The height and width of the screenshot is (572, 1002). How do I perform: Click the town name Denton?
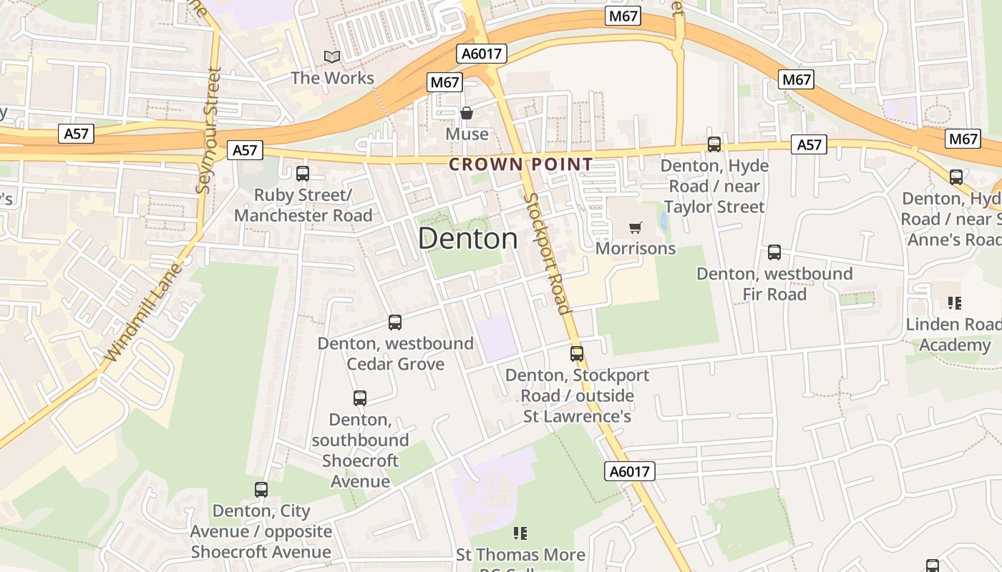pos(468,238)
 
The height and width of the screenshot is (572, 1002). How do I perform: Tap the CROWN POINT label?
pos(520,164)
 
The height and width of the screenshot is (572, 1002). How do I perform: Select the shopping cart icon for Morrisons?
pos(635,228)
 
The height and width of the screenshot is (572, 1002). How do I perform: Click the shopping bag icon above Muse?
pos(467,113)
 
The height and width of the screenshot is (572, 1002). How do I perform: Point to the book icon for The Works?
pos(331,56)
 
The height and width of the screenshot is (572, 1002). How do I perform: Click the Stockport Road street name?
pos(548,254)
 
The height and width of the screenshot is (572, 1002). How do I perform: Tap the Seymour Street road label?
pos(208,130)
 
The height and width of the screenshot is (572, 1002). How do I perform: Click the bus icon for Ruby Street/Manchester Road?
pos(303,173)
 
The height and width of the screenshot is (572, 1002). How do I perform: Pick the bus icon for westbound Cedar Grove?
pos(395,322)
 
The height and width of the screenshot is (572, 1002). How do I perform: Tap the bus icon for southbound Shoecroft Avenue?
pos(360,398)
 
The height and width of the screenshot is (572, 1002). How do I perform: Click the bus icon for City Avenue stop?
pos(261,490)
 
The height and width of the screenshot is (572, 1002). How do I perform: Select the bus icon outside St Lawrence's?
pos(577,353)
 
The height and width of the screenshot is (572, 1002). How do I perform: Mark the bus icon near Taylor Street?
pos(714,144)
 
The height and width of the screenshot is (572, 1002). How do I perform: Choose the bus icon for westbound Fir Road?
pos(774,252)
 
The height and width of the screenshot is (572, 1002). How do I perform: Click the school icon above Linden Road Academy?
pos(954,303)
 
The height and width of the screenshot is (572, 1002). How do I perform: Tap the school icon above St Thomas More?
pos(520,533)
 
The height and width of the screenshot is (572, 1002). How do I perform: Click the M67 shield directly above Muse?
pos(444,82)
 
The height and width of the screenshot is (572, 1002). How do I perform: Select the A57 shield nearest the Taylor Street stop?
pos(809,145)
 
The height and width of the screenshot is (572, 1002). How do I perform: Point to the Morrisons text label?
pos(636,249)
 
